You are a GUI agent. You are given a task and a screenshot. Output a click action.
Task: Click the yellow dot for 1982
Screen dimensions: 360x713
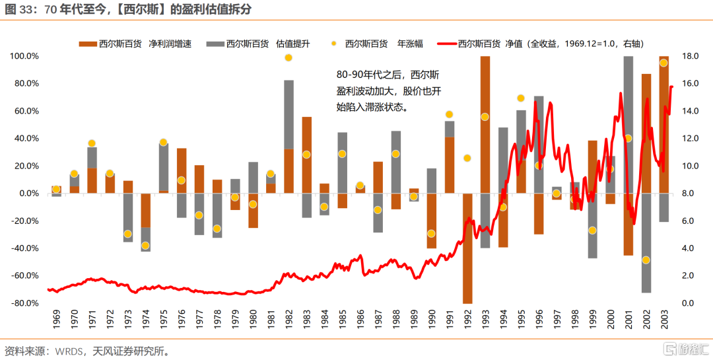point(289,58)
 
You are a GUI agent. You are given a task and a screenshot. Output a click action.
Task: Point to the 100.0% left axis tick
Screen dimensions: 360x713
point(24,56)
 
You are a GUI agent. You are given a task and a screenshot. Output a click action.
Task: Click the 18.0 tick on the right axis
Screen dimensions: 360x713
point(689,56)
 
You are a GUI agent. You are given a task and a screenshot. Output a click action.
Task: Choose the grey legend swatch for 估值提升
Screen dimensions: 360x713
point(215,44)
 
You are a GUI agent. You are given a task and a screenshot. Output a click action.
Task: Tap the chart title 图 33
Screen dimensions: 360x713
point(128,9)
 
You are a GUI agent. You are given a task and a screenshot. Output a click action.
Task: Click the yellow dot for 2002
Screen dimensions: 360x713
point(646,260)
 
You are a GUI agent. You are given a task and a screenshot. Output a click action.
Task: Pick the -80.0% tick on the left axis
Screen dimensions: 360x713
point(24,303)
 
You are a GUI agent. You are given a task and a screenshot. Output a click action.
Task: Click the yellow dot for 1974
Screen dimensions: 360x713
point(145,246)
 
